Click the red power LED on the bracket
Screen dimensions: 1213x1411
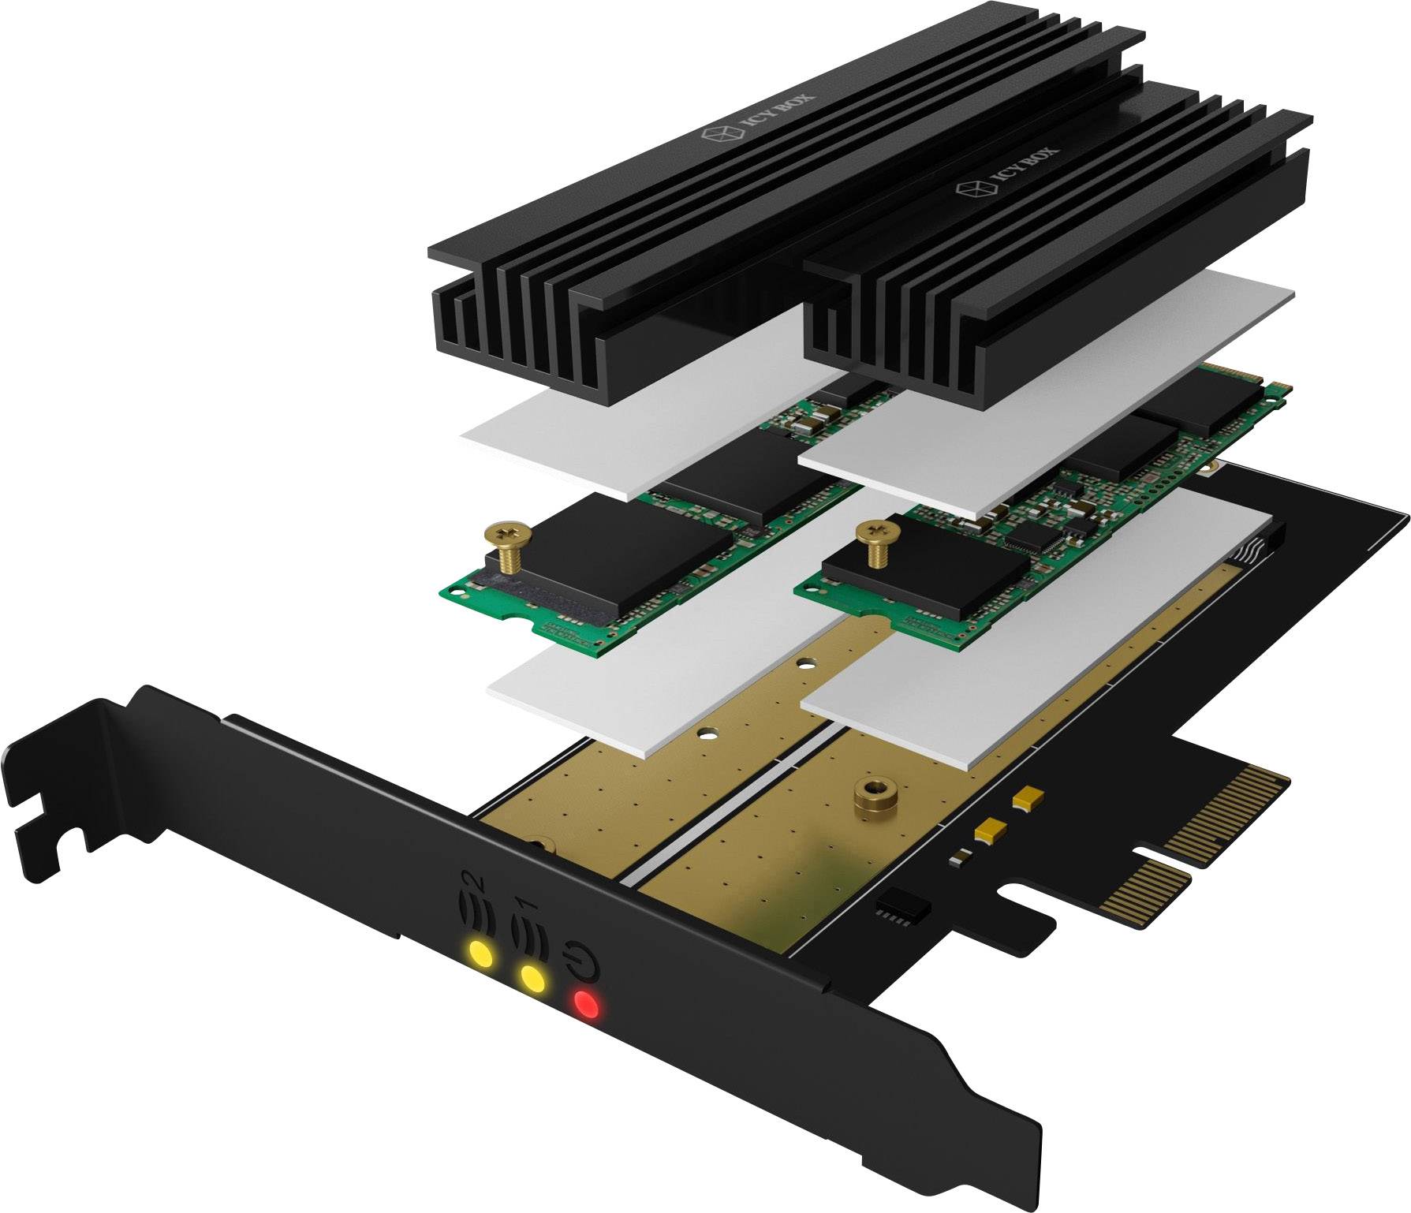[x=586, y=1004]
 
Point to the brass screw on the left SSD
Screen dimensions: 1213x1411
[x=505, y=548]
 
